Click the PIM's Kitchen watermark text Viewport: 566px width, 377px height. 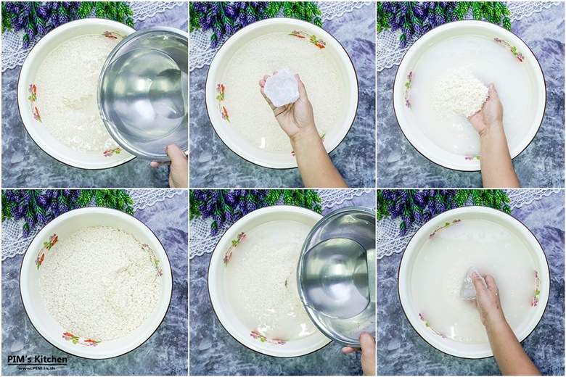point(37,359)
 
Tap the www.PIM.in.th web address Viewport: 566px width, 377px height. point(37,368)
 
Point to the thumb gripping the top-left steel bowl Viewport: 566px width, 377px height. point(174,153)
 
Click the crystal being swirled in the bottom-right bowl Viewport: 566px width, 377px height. point(469,284)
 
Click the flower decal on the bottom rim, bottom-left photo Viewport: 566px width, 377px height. point(81,339)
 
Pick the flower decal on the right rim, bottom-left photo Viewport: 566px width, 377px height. point(152,259)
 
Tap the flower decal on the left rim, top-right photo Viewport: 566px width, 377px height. point(409,89)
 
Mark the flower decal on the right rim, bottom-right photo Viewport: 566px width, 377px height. point(536,289)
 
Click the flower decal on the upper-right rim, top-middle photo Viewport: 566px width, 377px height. point(308,39)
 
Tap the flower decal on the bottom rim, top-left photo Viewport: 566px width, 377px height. point(112,152)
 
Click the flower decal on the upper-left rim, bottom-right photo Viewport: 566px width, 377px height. point(444,228)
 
